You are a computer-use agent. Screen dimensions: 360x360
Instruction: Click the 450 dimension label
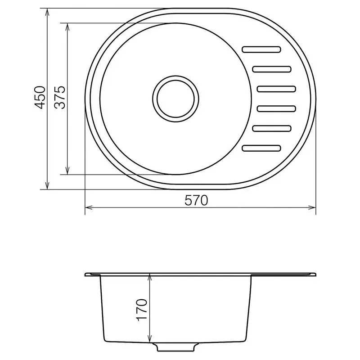pyautogui.click(x=40, y=97)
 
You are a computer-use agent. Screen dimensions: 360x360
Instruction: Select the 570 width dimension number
pyautogui.click(x=196, y=200)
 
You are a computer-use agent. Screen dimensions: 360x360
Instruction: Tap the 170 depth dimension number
pyautogui.click(x=141, y=310)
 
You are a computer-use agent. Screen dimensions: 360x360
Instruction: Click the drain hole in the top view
pyautogui.click(x=175, y=99)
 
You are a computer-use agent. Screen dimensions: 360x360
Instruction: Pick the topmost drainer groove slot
pyautogui.click(x=261, y=49)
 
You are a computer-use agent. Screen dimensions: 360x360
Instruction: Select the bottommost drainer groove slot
pyautogui.click(x=261, y=148)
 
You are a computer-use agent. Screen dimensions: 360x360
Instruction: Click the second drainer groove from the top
pyautogui.click(x=272, y=69)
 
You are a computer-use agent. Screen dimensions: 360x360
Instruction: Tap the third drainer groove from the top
pyautogui.click(x=276, y=89)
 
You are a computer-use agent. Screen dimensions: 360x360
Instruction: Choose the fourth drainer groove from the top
pyautogui.click(x=276, y=108)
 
